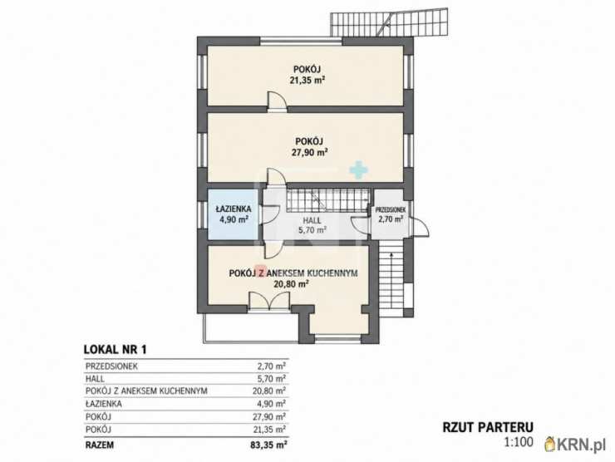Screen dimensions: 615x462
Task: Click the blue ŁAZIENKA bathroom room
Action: coord(233,214)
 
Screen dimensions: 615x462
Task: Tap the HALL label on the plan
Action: coord(312,220)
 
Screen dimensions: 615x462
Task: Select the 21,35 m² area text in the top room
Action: coord(307,81)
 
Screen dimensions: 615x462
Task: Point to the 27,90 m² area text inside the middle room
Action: coord(309,152)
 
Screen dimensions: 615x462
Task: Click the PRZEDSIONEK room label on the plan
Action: coord(391,210)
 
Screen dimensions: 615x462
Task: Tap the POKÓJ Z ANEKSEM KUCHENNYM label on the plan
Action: coord(293,273)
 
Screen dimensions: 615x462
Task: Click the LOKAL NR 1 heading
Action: coord(116,350)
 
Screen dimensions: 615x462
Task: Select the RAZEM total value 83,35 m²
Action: coord(268,445)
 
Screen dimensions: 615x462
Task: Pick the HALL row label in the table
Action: coord(95,378)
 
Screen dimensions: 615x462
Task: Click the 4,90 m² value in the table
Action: coord(272,404)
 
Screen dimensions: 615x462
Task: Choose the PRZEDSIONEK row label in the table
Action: coord(111,366)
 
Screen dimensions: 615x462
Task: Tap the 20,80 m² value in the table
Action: coord(269,391)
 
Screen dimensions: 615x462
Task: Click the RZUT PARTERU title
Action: coord(488,427)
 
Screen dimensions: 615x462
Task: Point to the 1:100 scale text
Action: coord(519,442)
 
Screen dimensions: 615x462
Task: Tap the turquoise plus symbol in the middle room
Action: coord(359,169)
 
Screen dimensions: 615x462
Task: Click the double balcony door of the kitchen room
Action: coord(269,301)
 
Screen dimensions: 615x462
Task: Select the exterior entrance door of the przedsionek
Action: coord(421,227)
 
